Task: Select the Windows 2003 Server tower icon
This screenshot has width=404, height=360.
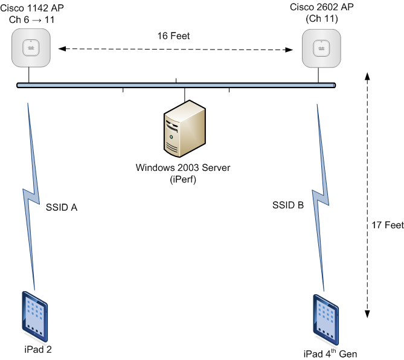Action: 184,129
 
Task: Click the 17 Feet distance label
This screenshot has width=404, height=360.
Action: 386,225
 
